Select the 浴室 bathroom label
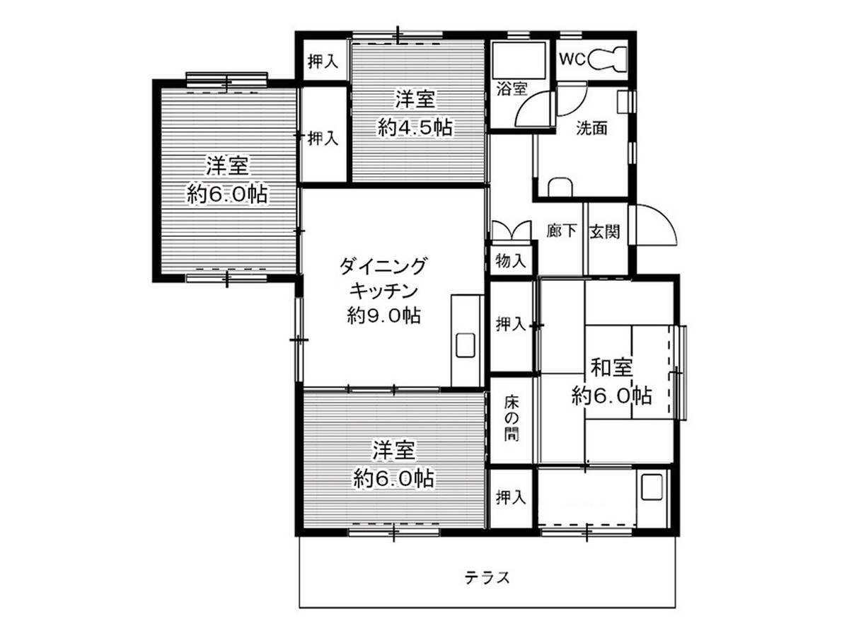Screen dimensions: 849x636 pyautogui.click(x=512, y=88)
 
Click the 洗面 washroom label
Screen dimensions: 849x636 pyautogui.click(x=591, y=128)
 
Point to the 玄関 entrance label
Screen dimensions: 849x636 pyautogui.click(x=604, y=231)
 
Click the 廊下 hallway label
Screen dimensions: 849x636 pyautogui.click(x=562, y=231)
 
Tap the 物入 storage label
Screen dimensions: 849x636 pyautogui.click(x=511, y=261)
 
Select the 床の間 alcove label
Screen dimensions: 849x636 pyautogui.click(x=511, y=419)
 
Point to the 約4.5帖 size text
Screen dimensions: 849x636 pyautogui.click(x=415, y=127)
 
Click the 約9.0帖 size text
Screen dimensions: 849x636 pyautogui.click(x=383, y=316)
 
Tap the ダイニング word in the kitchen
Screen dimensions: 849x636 pyautogui.click(x=383, y=267)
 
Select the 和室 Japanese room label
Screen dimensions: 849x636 pyautogui.click(x=611, y=368)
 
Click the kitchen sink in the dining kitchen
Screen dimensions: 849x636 pyautogui.click(x=466, y=345)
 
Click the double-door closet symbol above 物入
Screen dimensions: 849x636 pyautogui.click(x=511, y=231)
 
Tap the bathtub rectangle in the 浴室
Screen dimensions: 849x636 pyautogui.click(x=519, y=61)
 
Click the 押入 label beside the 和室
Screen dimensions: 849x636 pyautogui.click(x=511, y=323)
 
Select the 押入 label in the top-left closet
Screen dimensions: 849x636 pyautogui.click(x=323, y=61)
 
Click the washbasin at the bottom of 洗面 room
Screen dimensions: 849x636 pyautogui.click(x=560, y=187)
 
